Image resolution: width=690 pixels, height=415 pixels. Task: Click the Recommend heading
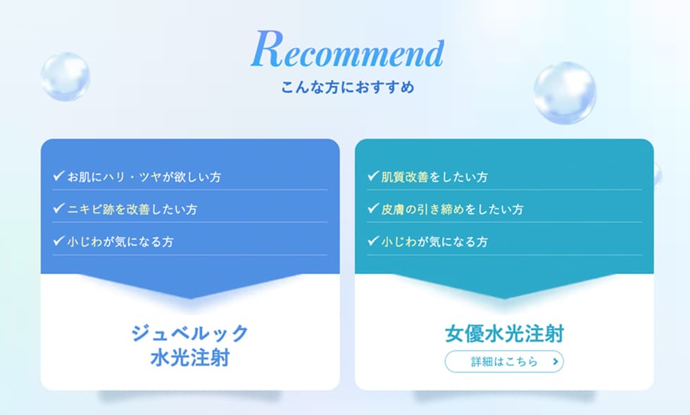[347, 49]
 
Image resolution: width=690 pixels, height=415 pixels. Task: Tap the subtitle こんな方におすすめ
[348, 87]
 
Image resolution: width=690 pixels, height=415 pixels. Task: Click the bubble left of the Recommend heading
[65, 77]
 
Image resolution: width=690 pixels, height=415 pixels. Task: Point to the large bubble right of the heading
[565, 93]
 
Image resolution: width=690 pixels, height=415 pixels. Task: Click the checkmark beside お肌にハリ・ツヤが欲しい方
[59, 176]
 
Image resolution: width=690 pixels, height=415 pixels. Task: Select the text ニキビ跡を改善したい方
[132, 210]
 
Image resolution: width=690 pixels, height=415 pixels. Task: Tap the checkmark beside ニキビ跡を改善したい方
[59, 208]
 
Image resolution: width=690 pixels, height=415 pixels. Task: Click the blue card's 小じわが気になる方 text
[120, 242]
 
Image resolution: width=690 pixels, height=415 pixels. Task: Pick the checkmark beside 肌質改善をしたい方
[373, 176]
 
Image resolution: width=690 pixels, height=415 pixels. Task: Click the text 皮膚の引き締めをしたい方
[452, 210]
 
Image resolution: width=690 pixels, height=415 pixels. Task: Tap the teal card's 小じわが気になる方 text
[435, 242]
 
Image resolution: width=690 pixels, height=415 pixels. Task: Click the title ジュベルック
[190, 333]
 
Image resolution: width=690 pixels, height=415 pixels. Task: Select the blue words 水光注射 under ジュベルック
[190, 358]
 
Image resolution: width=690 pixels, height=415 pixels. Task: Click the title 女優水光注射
[504, 333]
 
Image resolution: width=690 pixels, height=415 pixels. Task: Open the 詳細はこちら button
[504, 362]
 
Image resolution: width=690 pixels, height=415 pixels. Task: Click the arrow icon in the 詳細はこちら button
[556, 362]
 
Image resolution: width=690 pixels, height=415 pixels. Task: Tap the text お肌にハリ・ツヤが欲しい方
[144, 177]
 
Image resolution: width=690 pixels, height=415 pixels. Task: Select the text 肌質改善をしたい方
[435, 177]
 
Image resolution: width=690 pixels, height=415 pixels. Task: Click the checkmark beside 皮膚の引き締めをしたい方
[373, 208]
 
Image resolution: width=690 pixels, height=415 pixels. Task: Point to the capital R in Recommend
[267, 49]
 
